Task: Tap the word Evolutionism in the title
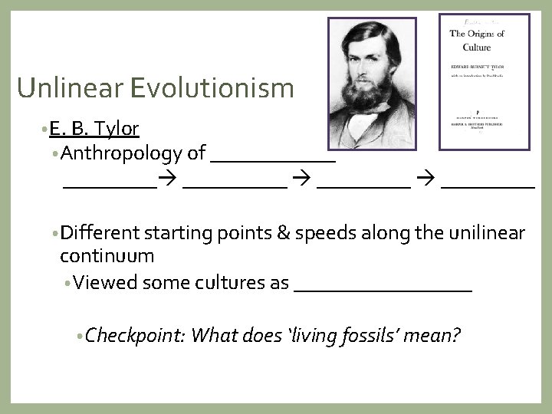pos(206,88)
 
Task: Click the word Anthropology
pos(121,153)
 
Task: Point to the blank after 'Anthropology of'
pos(272,159)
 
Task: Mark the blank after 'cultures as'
pos(383,288)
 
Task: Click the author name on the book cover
pos(476,67)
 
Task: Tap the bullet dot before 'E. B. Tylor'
pos(45,130)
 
